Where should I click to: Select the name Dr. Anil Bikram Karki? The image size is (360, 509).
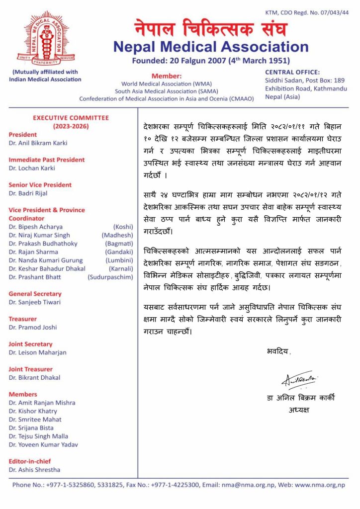coord(38,143)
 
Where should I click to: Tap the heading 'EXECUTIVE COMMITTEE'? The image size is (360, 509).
coord(71,118)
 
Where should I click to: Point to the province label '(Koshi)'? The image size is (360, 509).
coord(123,227)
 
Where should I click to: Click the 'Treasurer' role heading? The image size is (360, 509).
coord(22,319)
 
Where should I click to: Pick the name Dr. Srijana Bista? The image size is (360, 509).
coord(31,428)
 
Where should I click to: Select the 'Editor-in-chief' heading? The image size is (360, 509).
coord(30,461)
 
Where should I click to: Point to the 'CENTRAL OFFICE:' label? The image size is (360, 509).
coord(292,72)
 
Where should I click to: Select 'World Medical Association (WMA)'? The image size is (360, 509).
coord(167,84)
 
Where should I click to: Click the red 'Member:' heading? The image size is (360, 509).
coord(167,76)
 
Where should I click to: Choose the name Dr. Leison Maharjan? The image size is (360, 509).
coord(37,352)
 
